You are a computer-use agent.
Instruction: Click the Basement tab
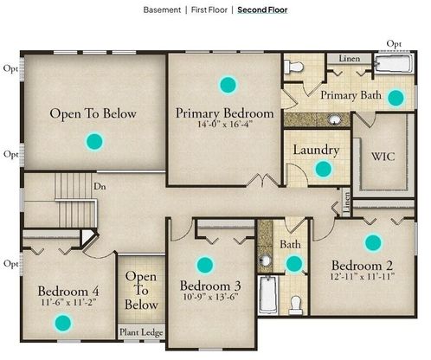coord(162,10)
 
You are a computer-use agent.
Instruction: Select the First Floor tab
coord(209,10)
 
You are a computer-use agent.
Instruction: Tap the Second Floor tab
coord(262,10)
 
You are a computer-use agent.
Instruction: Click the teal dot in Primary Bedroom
coord(228,85)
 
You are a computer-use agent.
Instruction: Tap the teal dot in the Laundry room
coord(324,169)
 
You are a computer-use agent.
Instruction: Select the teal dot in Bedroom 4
coord(63,323)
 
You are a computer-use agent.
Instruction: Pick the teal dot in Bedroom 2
coord(373,242)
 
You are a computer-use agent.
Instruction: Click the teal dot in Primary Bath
coord(396,98)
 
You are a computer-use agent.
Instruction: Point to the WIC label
coord(383,157)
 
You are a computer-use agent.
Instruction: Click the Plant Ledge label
coord(141,332)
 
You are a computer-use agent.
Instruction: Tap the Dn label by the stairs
coord(100,187)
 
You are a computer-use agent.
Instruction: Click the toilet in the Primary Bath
coord(293,67)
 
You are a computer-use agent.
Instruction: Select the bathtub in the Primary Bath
coord(394,64)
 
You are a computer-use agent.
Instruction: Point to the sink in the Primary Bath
coord(335,119)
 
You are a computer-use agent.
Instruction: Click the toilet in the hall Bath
coord(295,305)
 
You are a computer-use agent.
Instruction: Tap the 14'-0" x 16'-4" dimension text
coord(225,125)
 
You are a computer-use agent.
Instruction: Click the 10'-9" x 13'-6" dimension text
coord(210,297)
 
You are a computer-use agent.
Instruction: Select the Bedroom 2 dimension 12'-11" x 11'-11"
coord(363,276)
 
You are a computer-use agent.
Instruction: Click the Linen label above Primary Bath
coord(350,59)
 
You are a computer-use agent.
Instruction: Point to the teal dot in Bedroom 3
coord(205,265)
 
